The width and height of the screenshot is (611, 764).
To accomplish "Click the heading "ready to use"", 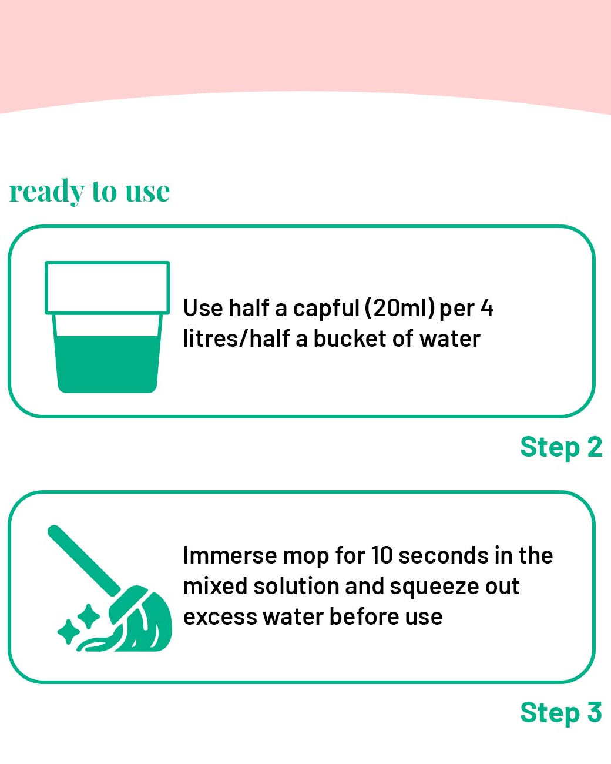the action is pos(89,192).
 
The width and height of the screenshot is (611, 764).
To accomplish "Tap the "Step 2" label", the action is pos(561,447).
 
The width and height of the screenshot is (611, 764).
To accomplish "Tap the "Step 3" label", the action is pos(561,712).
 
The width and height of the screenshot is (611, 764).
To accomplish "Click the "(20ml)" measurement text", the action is pos(399,308).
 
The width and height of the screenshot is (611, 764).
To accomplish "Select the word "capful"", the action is pos(326,308).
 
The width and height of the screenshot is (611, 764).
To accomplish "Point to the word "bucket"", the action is pos(350,339).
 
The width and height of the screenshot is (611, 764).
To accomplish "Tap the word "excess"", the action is pos(220,618).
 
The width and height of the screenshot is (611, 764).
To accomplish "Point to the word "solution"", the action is pos(297,586).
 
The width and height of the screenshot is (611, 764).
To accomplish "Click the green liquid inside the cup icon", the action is pos(107,364).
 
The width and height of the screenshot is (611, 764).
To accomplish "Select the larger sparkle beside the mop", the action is pos(89,616).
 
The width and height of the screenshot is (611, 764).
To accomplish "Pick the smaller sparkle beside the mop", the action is pos(68,632).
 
